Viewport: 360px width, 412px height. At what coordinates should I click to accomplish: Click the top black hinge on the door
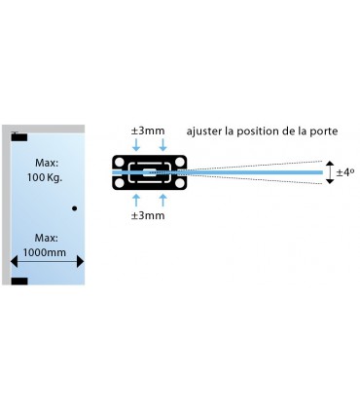click(x=19, y=136)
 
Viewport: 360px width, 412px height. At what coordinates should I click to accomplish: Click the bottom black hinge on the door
click(x=19, y=281)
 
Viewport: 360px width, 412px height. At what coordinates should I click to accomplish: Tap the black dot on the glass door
click(x=74, y=208)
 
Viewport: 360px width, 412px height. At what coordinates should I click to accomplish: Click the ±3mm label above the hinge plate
click(x=147, y=130)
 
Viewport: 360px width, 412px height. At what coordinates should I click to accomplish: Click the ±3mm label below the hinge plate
click(x=147, y=215)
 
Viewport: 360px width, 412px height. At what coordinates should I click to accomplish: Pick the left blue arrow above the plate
click(x=135, y=144)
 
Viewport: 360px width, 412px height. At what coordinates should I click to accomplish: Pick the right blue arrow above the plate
click(x=162, y=144)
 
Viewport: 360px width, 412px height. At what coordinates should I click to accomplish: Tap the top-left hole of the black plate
click(x=121, y=162)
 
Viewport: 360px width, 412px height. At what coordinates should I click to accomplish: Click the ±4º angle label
click(x=345, y=172)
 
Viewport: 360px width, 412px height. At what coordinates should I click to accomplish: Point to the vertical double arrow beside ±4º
click(x=330, y=172)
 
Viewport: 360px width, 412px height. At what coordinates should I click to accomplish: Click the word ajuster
click(x=206, y=130)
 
